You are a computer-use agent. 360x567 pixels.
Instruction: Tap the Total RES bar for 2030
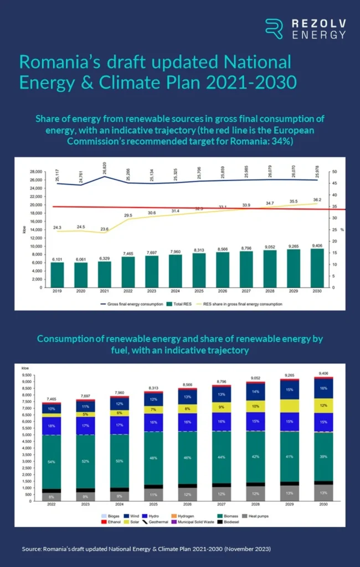click(316, 269)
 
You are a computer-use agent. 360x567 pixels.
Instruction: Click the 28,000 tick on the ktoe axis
click(36, 172)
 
